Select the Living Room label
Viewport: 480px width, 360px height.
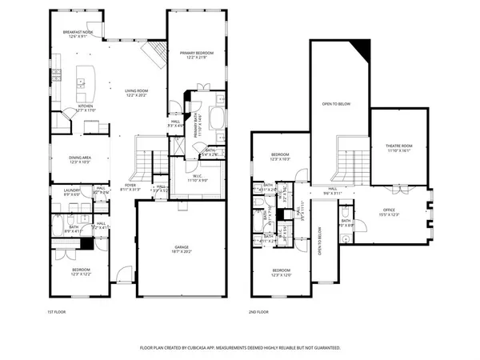(136, 93)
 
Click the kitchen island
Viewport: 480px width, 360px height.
(85, 81)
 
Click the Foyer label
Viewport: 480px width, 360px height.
(130, 187)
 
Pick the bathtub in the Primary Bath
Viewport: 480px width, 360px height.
(218, 112)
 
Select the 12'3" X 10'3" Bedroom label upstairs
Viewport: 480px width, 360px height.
(279, 157)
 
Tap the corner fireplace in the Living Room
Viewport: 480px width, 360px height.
(153, 54)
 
